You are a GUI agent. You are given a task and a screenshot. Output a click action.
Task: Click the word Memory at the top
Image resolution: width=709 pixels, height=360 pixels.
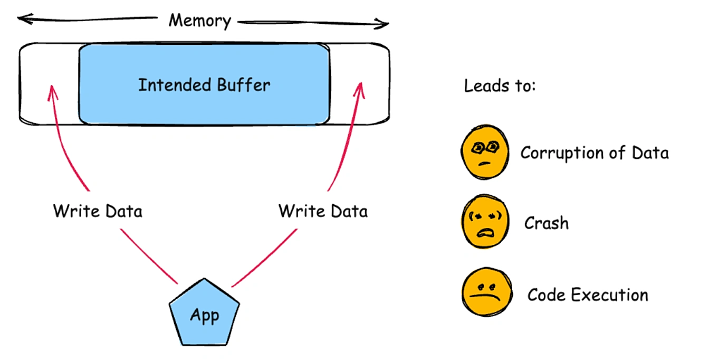(x=199, y=21)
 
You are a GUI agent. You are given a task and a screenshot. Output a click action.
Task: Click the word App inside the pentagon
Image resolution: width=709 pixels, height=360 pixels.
(x=205, y=316)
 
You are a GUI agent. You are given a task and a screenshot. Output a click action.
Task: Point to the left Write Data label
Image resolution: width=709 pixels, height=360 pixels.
(x=98, y=211)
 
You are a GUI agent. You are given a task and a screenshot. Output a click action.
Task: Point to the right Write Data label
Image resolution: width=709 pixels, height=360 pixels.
(x=323, y=211)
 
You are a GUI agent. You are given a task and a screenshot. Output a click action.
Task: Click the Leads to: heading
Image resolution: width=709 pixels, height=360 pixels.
(x=500, y=86)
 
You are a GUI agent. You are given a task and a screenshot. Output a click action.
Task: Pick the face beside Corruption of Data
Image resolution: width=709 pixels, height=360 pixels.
(x=485, y=151)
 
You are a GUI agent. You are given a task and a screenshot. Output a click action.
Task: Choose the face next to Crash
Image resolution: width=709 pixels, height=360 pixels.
(x=485, y=222)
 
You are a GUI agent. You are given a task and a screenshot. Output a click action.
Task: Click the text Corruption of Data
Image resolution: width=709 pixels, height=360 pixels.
(x=595, y=153)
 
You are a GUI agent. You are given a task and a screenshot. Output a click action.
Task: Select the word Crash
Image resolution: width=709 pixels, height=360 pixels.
(x=547, y=223)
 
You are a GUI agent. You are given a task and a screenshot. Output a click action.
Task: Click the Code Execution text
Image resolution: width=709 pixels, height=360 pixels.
(x=588, y=295)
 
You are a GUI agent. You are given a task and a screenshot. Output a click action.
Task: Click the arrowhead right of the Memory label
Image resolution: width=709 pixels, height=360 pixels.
(x=386, y=23)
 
